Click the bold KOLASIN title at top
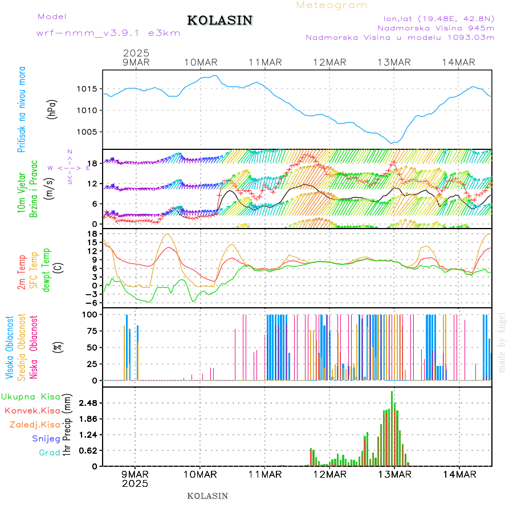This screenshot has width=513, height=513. (219, 21)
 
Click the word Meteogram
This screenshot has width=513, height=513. (332, 5)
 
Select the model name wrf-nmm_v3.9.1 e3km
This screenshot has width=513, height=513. (108, 33)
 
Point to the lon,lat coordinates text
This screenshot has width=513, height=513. (438, 18)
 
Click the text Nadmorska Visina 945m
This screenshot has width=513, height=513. (435, 27)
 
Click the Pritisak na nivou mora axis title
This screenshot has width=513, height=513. (22, 109)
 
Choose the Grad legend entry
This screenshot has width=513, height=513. (49, 453)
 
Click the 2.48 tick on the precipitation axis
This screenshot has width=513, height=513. (88, 404)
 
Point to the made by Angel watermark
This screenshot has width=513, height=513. (502, 342)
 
